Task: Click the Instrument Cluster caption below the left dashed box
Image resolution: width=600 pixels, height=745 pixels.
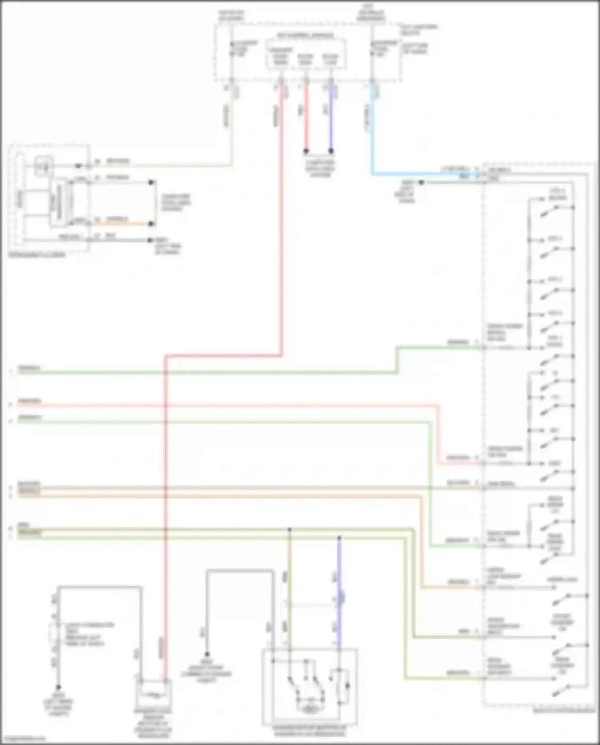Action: pyautogui.click(x=37, y=255)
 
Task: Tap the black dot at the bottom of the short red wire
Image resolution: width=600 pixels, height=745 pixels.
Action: pyautogui.click(x=306, y=151)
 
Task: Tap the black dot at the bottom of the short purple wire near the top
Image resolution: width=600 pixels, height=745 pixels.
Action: pyautogui.click(x=331, y=151)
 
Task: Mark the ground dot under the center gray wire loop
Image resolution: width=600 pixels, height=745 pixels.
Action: pyautogui.click(x=207, y=654)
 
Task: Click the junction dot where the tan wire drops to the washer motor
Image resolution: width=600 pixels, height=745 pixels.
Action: pyautogui.click(x=290, y=529)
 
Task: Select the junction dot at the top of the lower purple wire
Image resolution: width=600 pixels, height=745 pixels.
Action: pyautogui.click(x=339, y=538)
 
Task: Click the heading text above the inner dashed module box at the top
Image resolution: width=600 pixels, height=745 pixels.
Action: pyautogui.click(x=306, y=36)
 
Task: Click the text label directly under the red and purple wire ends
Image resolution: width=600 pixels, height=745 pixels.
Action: pyautogui.click(x=320, y=168)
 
